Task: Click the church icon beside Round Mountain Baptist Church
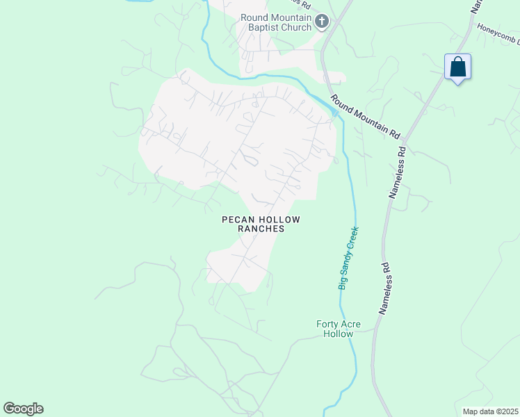click(321, 22)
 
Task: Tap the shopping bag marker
click(457, 67)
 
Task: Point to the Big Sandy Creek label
click(348, 258)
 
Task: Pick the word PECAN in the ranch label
click(236, 220)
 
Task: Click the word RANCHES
click(261, 229)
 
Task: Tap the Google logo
click(23, 409)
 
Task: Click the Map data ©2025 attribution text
click(490, 411)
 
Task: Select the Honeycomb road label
click(497, 35)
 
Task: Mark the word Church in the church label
click(297, 28)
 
